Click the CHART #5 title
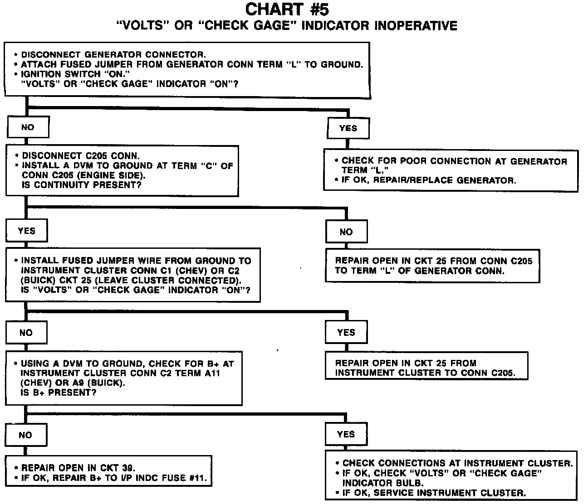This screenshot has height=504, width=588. coord(287,9)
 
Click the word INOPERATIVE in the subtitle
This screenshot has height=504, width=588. coord(416,25)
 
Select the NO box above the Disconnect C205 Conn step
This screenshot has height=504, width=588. coord(28,127)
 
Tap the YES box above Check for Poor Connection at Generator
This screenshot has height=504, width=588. coord(348,128)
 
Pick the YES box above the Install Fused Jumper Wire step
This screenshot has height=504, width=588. coord(27,231)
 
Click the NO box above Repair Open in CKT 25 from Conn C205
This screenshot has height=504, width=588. coord(346,232)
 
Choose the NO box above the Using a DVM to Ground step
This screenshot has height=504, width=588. coord(26,333)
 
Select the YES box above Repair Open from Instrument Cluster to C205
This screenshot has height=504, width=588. coord(346,332)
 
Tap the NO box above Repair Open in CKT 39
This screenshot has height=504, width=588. coord(25,435)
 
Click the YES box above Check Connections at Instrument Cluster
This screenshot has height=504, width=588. coord(346,434)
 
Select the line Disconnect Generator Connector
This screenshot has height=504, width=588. coord(113,54)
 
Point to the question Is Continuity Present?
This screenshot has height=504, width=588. coord(82,185)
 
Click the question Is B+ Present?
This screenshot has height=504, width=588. coord(59,393)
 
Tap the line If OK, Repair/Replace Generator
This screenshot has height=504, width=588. coord(428,180)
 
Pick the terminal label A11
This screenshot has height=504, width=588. coord(223,373)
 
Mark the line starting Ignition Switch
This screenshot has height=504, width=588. coord(73,74)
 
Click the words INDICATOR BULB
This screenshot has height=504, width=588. coord(383,483)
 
